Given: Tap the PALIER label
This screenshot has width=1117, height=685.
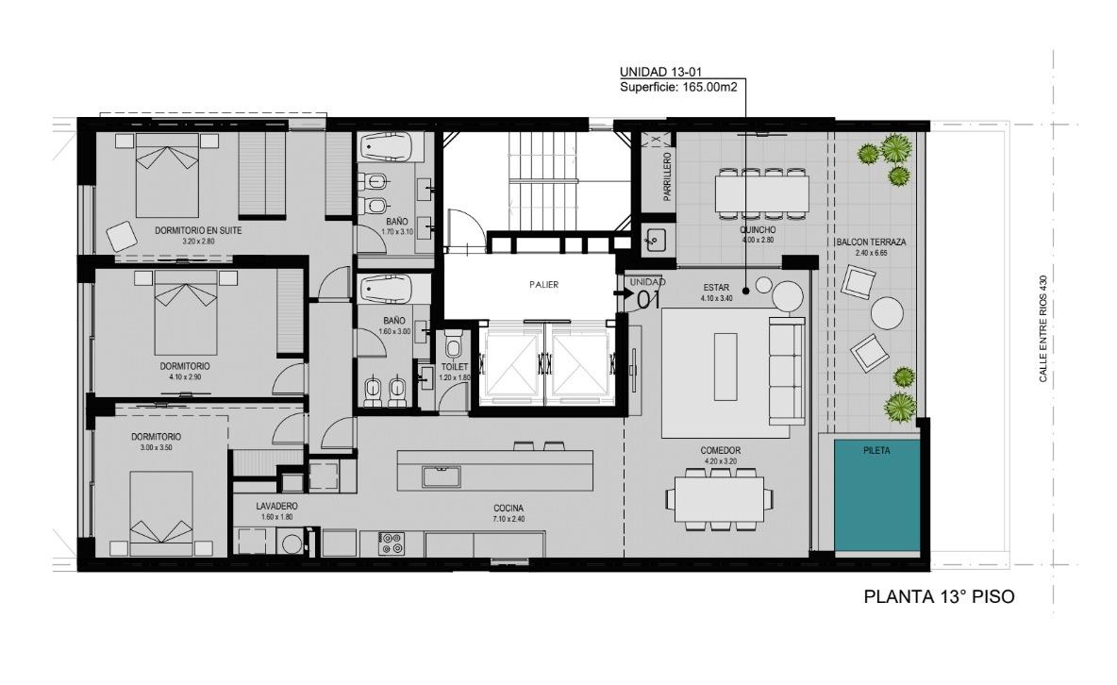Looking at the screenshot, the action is pyautogui.click(x=543, y=284).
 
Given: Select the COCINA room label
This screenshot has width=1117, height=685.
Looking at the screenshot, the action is pyautogui.click(x=508, y=509).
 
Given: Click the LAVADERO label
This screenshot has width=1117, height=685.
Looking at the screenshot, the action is pyautogui.click(x=277, y=506).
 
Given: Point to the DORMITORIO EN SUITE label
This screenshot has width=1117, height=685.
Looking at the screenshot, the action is pyautogui.click(x=198, y=230).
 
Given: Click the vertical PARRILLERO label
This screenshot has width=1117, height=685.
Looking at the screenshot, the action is pyautogui.click(x=668, y=176).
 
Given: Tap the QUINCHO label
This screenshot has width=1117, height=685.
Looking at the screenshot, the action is pyautogui.click(x=758, y=230).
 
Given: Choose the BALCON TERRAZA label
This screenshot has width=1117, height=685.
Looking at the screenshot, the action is pyautogui.click(x=871, y=242).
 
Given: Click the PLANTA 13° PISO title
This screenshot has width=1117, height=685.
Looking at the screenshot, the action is pyautogui.click(x=939, y=596).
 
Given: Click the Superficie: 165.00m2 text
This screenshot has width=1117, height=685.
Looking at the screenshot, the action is pyautogui.click(x=678, y=87).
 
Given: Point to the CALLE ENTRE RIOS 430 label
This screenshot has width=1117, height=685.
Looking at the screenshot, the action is pyautogui.click(x=1042, y=329).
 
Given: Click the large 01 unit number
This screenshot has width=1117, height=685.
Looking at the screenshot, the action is pyautogui.click(x=647, y=299).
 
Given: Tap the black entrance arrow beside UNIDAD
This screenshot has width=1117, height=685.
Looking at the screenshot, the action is pyautogui.click(x=620, y=292).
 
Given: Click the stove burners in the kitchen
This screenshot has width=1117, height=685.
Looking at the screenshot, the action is pyautogui.click(x=392, y=543).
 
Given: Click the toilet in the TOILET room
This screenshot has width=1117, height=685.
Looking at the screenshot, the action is pyautogui.click(x=453, y=348).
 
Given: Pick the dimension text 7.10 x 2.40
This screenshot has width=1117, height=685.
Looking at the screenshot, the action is pyautogui.click(x=508, y=519).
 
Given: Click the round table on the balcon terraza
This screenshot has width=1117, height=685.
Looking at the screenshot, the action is pyautogui.click(x=887, y=313).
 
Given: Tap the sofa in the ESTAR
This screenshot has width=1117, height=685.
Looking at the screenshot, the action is pyautogui.click(x=787, y=370).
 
